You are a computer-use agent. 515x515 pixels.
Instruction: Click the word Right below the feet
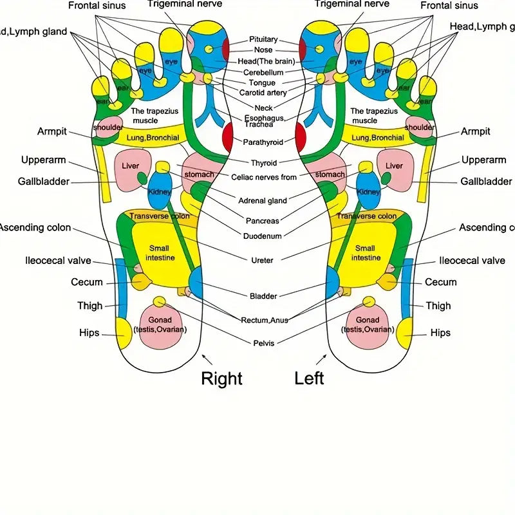pos(221,378)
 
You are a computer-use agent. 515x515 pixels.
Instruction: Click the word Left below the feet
pos(309,378)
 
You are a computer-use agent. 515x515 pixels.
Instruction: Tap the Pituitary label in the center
pos(263,39)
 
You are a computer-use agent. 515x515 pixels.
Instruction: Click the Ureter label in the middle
pos(262,260)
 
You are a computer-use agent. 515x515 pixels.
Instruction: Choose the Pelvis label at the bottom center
pos(264,343)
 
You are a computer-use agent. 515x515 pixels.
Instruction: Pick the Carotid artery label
pos(263,93)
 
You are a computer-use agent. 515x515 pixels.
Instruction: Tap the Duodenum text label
pos(263,236)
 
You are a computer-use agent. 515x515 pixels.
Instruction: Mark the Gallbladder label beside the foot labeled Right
pos(44,182)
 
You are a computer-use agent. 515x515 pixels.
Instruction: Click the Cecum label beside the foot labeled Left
pos(441,282)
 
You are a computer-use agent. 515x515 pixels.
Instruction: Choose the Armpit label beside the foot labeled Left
pos(475,131)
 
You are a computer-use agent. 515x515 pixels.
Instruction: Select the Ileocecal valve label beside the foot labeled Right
pos(58,261)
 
